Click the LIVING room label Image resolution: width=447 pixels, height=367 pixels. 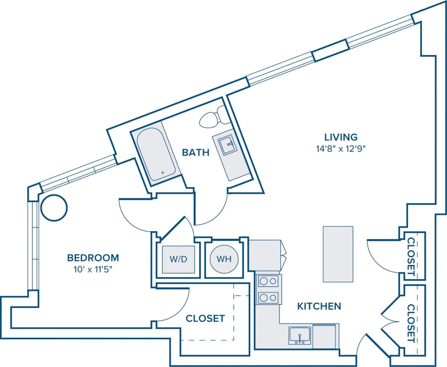pyautogui.click(x=341, y=137)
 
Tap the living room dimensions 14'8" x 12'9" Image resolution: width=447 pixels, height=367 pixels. pyautogui.click(x=341, y=149)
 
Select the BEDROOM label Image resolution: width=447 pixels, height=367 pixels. pyautogui.click(x=93, y=258)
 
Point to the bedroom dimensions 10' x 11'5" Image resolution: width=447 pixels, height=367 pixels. pyautogui.click(x=93, y=269)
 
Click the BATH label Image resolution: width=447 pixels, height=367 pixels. pyautogui.click(x=196, y=152)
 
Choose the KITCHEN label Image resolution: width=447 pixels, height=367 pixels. pyautogui.click(x=319, y=306)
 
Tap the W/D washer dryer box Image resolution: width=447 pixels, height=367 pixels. pyautogui.click(x=178, y=259)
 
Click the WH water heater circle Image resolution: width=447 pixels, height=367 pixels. pyautogui.click(x=224, y=259)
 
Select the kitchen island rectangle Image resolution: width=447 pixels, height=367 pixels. pyautogui.click(x=338, y=254)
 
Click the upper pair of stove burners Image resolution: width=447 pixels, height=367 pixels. pyautogui.click(x=268, y=281)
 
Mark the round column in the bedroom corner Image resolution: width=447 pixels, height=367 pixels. pyautogui.click(x=54, y=208)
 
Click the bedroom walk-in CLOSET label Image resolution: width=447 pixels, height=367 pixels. pyautogui.click(x=205, y=319)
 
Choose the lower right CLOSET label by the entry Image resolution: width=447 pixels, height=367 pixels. pyautogui.click(x=411, y=323)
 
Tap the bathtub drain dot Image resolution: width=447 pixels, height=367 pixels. pyautogui.click(x=162, y=173)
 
